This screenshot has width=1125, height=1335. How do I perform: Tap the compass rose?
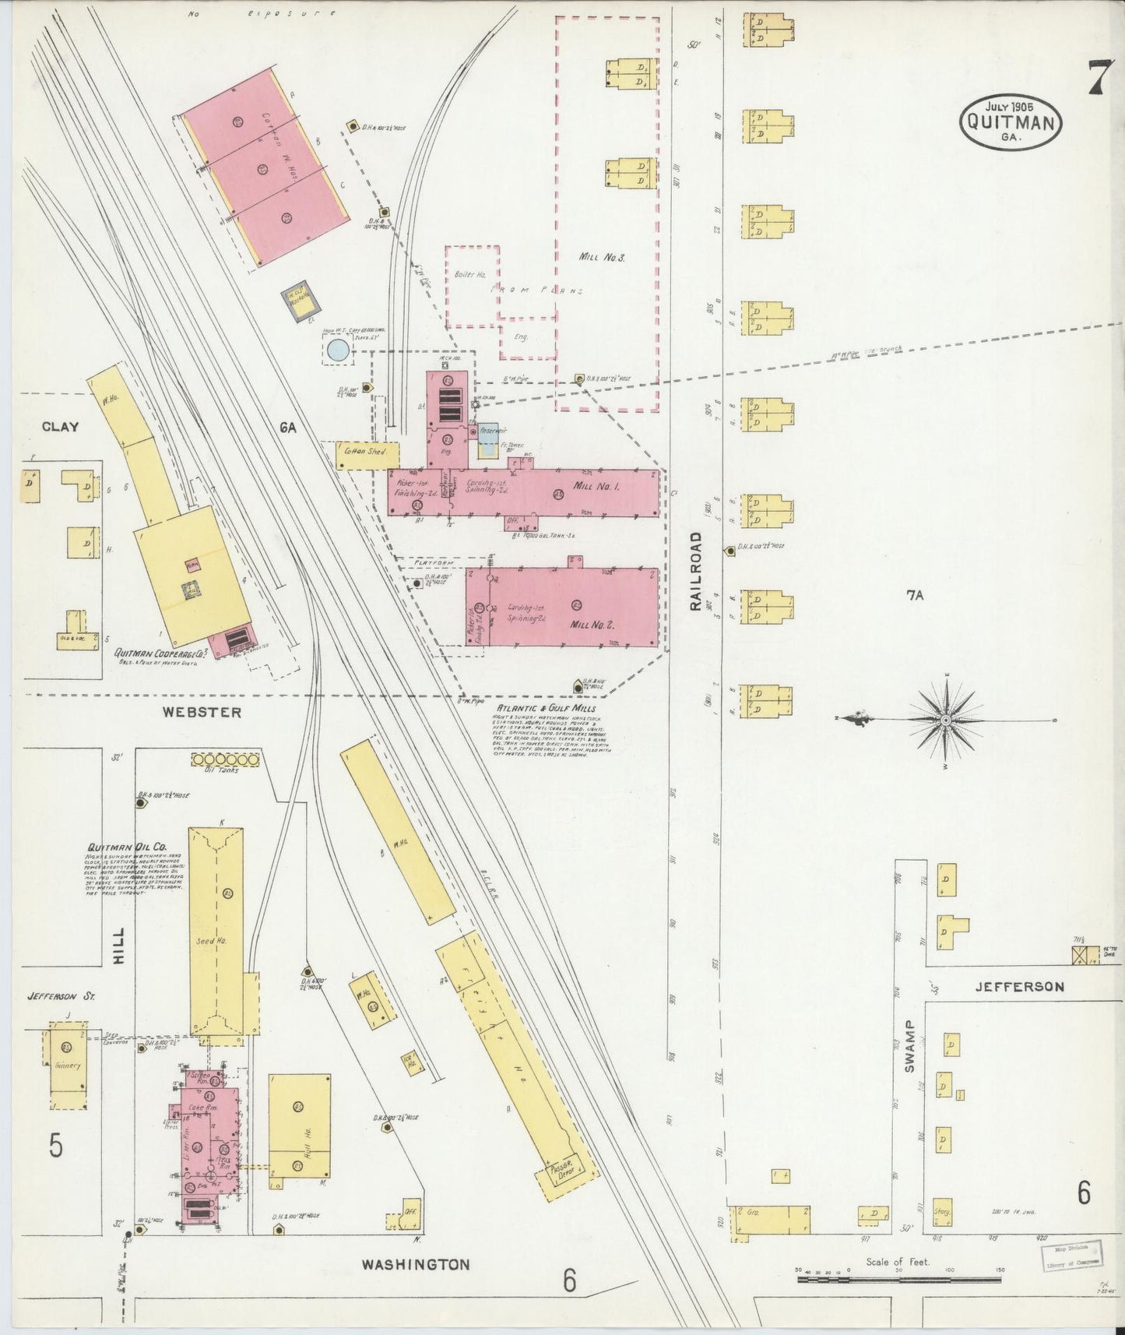click(944, 720)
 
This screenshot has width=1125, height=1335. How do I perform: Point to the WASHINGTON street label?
click(416, 1264)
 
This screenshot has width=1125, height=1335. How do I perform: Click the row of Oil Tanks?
click(225, 759)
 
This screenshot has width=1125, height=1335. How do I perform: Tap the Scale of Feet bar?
click(900, 1279)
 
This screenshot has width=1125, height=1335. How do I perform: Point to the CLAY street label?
click(61, 426)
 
